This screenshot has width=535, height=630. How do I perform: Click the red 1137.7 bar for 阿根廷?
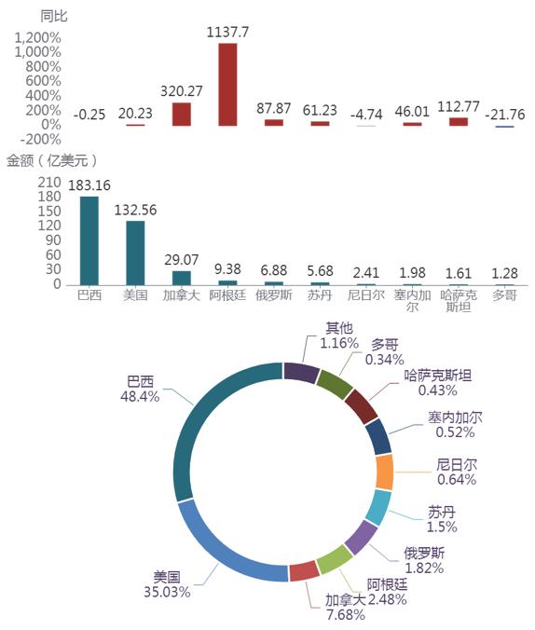click(x=227, y=85)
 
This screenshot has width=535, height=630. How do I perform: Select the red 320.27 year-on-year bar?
click(x=181, y=115)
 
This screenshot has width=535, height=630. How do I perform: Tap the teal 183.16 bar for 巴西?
click(x=89, y=240)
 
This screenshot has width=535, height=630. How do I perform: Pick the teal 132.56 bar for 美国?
click(x=135, y=253)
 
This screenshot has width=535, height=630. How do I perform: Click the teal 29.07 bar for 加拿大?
click(x=181, y=278)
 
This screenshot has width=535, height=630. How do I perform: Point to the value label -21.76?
click(x=505, y=115)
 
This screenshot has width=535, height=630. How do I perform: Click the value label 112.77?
click(x=459, y=107)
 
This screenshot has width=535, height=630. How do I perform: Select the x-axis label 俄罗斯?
click(x=274, y=295)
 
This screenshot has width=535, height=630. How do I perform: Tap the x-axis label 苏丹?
click(x=320, y=295)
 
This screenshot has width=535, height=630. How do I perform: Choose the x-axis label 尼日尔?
click(x=366, y=295)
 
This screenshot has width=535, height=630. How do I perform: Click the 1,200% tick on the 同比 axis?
click(x=38, y=38)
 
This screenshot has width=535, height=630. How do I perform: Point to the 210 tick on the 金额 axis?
click(x=49, y=183)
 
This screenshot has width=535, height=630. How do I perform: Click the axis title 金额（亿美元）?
click(x=52, y=160)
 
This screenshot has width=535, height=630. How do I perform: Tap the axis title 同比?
click(x=54, y=16)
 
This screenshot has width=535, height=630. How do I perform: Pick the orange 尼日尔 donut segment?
click(x=384, y=472)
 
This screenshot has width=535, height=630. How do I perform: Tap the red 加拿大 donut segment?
click(x=304, y=571)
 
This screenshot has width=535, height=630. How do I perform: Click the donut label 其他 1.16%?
click(x=339, y=336)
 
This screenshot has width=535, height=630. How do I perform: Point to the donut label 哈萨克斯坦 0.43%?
click(x=438, y=383)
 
